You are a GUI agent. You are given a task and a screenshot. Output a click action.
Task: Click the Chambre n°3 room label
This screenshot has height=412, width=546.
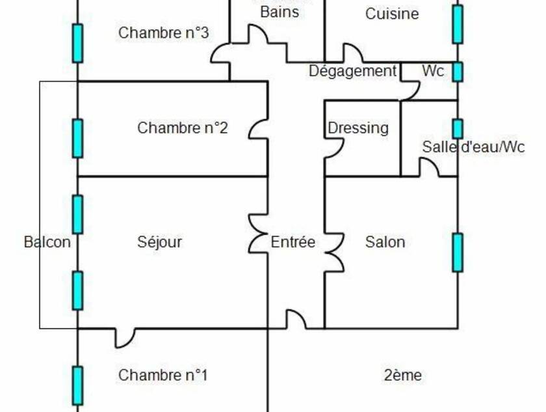[x=163, y=33]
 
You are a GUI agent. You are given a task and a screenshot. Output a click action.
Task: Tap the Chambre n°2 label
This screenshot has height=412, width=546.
[x=182, y=128]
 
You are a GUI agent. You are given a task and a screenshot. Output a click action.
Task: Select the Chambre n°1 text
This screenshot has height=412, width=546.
[x=162, y=376]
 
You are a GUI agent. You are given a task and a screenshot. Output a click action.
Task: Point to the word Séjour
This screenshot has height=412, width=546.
[x=159, y=242]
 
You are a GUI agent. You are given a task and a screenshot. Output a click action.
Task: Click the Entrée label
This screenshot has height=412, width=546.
[x=292, y=242]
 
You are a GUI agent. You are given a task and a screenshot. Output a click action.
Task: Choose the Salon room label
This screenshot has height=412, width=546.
[x=385, y=242]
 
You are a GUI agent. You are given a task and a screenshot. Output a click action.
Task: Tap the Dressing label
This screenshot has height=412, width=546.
[x=358, y=128]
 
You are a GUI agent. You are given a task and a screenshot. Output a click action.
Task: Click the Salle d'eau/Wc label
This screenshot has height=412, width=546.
[x=473, y=147]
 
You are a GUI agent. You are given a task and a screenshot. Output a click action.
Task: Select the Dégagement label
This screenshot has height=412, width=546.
[x=352, y=71]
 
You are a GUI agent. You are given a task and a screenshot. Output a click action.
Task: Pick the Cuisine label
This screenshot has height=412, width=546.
[x=392, y=14]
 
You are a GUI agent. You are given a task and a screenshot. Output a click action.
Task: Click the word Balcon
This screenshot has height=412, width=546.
[x=47, y=242]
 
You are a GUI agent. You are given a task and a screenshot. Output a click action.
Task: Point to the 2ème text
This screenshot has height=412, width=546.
[x=403, y=376]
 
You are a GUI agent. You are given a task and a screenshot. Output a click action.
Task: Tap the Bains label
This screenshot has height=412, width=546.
[x=279, y=12]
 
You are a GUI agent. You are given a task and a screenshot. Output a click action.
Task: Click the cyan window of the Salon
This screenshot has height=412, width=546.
[x=458, y=253]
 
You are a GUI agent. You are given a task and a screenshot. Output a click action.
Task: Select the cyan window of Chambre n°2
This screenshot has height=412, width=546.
[x=77, y=138]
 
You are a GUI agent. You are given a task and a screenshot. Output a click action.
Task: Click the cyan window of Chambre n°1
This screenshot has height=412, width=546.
[x=77, y=385]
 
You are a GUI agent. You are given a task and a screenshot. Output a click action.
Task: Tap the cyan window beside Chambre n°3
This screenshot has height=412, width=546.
[x=77, y=43]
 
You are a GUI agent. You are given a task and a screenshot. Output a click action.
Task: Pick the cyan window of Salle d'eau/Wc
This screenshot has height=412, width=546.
[x=458, y=128]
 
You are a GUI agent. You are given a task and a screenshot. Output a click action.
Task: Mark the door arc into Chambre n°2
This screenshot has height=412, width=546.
[x=258, y=128]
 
